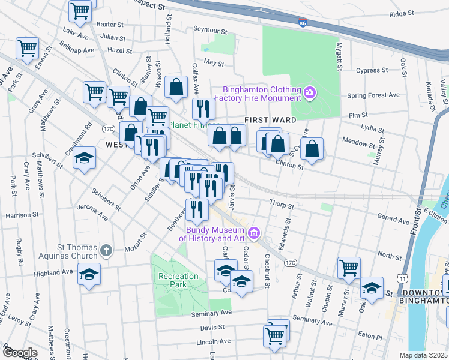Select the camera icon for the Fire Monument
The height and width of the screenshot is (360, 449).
(x=310, y=92)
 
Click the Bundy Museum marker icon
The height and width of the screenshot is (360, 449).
(x=254, y=233)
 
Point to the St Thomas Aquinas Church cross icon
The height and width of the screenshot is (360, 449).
(x=106, y=251)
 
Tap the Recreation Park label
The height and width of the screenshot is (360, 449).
(x=178, y=280)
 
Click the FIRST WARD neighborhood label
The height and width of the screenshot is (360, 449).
(x=270, y=120)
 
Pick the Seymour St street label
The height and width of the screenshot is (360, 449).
(x=210, y=31)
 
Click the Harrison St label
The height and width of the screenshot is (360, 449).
(x=22, y=214)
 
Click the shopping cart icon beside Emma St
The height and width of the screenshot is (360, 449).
(x=28, y=47)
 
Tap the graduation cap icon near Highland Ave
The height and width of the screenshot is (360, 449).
(x=89, y=275)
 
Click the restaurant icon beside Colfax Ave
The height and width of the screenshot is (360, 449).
(x=203, y=109)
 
